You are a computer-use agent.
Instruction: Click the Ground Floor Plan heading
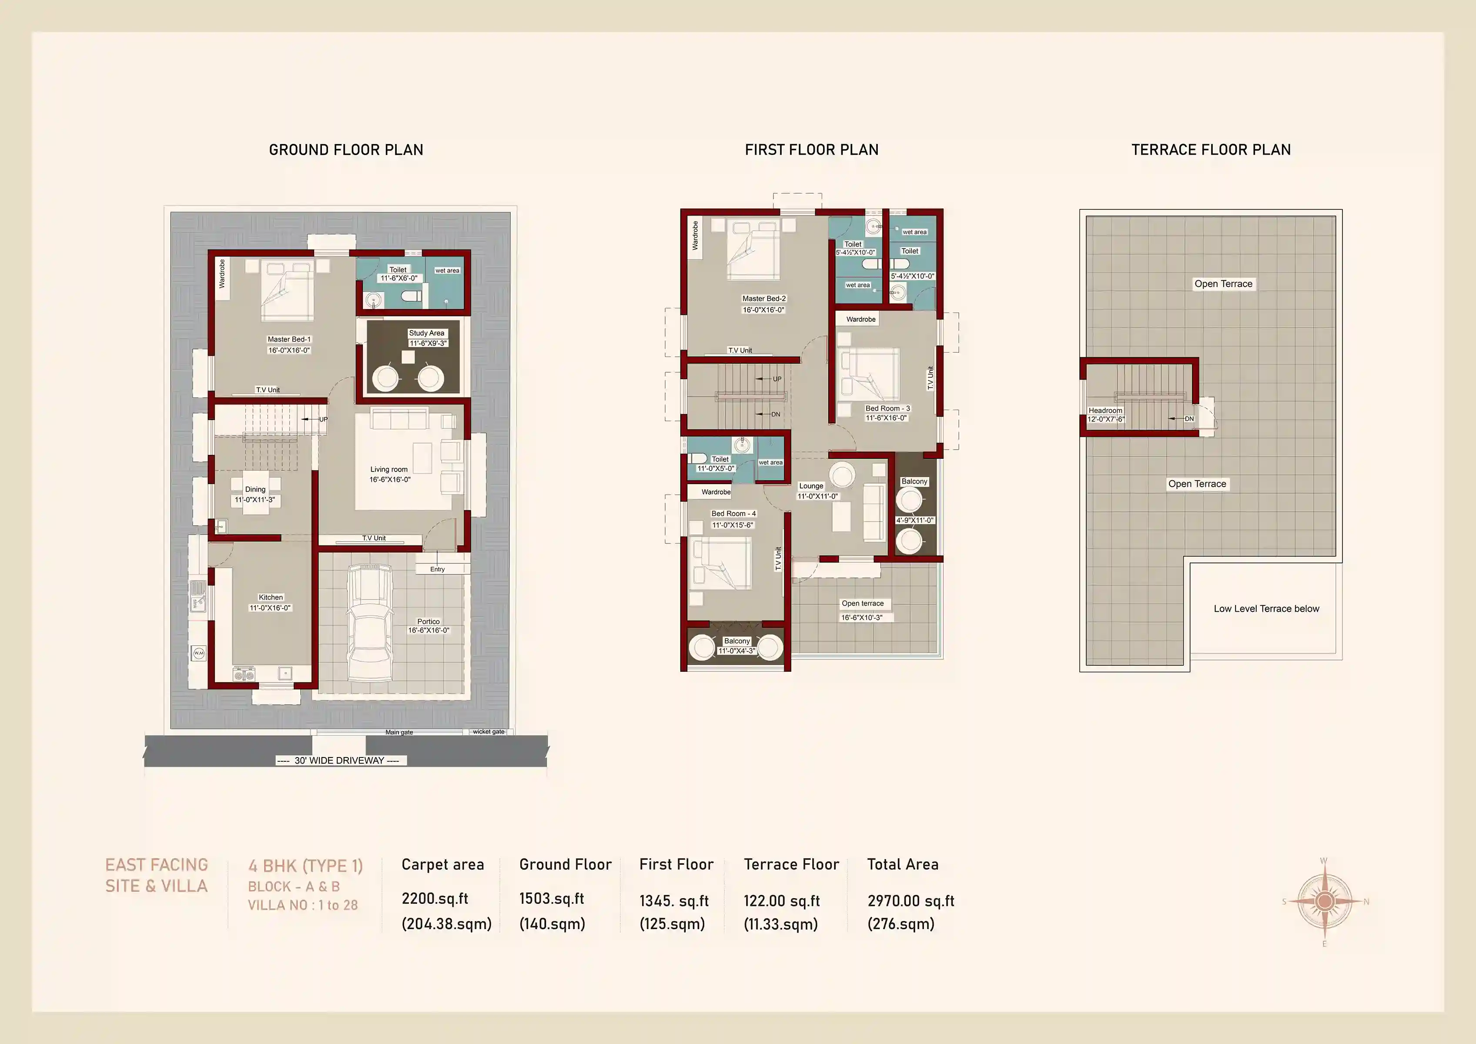click(346, 150)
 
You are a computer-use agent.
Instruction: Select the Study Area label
click(427, 333)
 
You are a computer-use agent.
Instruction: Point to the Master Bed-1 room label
click(289, 340)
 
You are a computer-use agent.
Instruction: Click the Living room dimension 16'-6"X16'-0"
click(390, 480)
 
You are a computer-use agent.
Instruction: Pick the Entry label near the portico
click(437, 569)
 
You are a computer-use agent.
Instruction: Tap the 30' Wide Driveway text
click(339, 760)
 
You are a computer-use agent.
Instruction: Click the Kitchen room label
click(271, 598)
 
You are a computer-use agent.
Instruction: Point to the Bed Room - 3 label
click(887, 408)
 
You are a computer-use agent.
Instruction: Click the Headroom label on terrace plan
click(1105, 411)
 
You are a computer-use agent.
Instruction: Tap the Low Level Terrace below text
click(1266, 609)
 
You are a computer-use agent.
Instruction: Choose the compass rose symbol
click(1324, 902)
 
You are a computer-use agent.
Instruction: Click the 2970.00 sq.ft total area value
click(910, 901)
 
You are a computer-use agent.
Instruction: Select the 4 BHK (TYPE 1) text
click(305, 866)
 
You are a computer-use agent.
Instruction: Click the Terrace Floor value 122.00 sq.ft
click(781, 901)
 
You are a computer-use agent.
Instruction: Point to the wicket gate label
click(489, 732)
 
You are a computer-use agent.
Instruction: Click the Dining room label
click(255, 489)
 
